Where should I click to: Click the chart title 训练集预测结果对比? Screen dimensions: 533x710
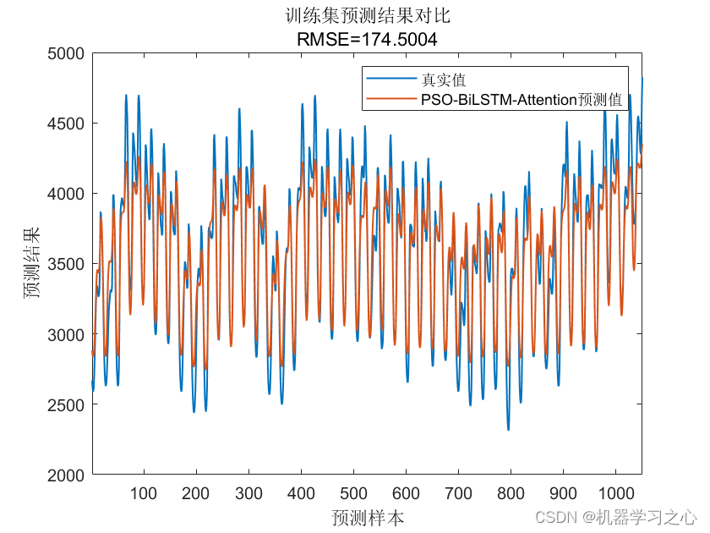click(367, 15)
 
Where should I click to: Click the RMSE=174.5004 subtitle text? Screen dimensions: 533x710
click(367, 38)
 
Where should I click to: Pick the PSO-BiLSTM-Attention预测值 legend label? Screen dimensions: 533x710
click(522, 99)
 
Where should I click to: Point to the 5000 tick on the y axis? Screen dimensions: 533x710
click(68, 53)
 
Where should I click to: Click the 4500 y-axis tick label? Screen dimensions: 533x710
click(68, 124)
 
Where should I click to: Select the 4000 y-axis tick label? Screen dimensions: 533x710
click(68, 194)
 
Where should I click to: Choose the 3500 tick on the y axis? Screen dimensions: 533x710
click(68, 264)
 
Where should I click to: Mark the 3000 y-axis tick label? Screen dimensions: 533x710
click(68, 334)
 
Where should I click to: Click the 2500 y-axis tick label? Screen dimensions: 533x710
click(68, 404)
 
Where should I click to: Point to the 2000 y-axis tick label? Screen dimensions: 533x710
click(68, 475)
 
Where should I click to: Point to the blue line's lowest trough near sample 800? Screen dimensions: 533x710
click(508, 429)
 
